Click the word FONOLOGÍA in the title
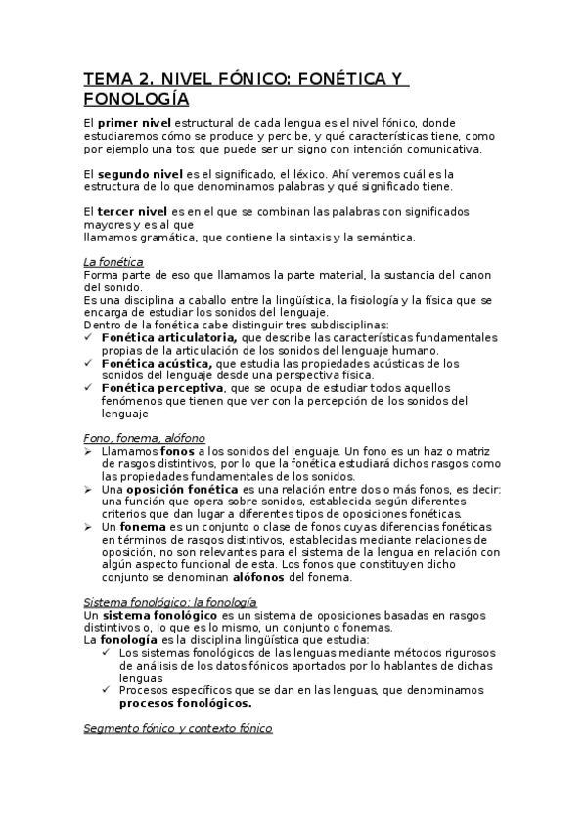coord(136,99)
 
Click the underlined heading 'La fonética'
coord(113,262)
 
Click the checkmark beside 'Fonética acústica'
coord(90,363)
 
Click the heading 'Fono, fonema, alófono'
coord(144,439)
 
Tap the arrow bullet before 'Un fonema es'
coord(90,527)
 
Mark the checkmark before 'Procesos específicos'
coord(106,690)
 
